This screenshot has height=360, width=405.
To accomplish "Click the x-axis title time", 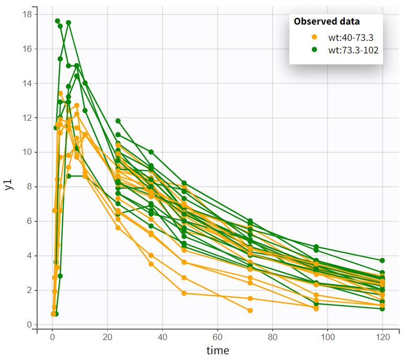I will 217,350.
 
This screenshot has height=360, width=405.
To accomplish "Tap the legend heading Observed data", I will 327,21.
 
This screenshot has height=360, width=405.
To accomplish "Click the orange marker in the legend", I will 314,37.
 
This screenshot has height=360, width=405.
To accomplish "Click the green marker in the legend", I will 314,50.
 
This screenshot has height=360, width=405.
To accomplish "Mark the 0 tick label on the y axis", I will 28,324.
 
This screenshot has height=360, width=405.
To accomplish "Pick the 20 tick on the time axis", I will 107,337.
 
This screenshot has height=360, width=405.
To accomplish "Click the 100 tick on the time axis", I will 328,337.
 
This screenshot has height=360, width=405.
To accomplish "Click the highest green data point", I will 58,21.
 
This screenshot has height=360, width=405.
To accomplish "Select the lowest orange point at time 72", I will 250,310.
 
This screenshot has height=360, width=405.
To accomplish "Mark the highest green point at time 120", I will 383,260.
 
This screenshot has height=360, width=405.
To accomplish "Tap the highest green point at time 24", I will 118,121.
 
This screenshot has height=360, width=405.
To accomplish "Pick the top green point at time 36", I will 151,152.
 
